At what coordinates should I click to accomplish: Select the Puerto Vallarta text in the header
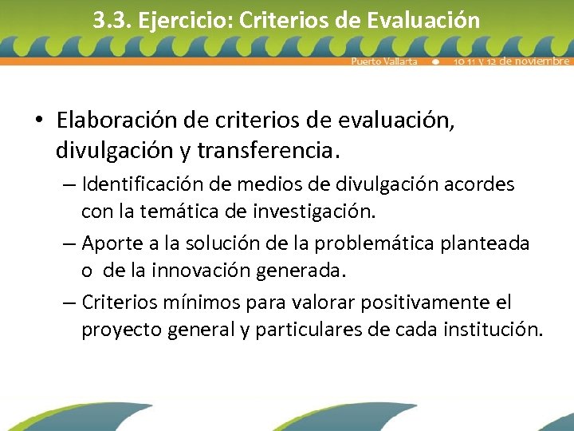click(384, 61)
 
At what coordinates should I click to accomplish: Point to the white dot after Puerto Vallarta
click(435, 61)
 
